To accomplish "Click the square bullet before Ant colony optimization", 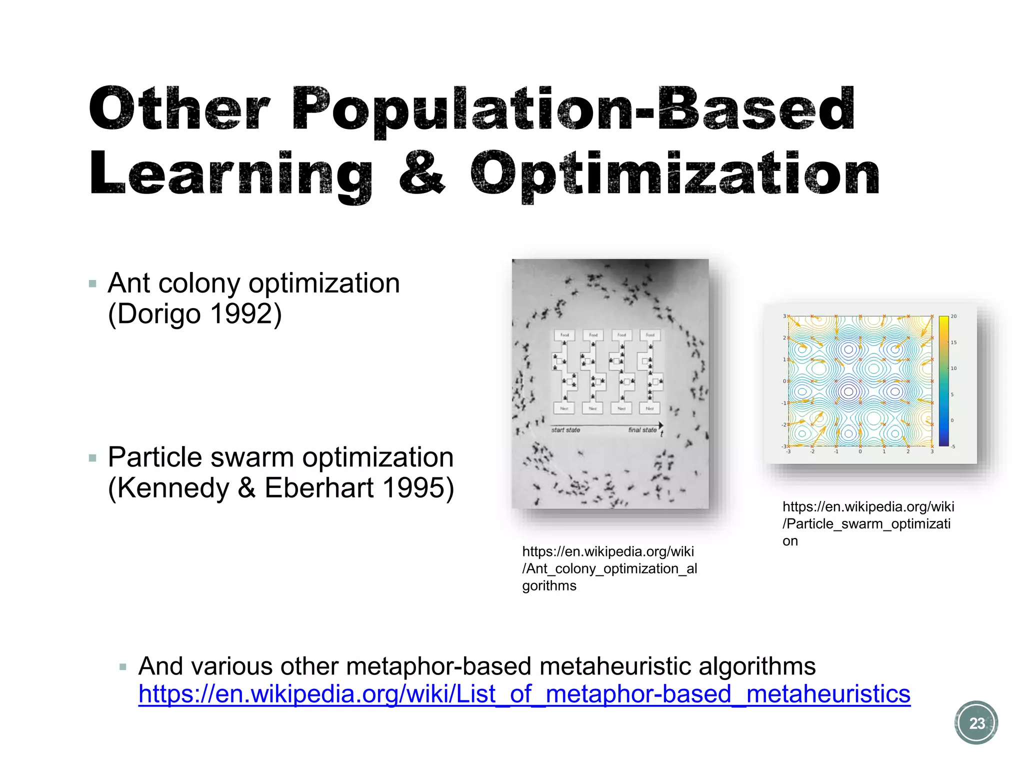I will coord(92,284).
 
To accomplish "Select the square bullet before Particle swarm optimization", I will coord(92,458).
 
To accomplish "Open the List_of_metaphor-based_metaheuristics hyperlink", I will coord(524,694).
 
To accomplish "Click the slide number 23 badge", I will coord(976,723).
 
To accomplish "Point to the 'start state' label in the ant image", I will coord(565,430).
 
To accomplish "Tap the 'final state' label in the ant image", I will coord(642,430).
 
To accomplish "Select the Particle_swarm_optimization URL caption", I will coord(867,523).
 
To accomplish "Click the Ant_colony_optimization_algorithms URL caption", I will coord(609,568).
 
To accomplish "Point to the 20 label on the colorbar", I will coord(953,316).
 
